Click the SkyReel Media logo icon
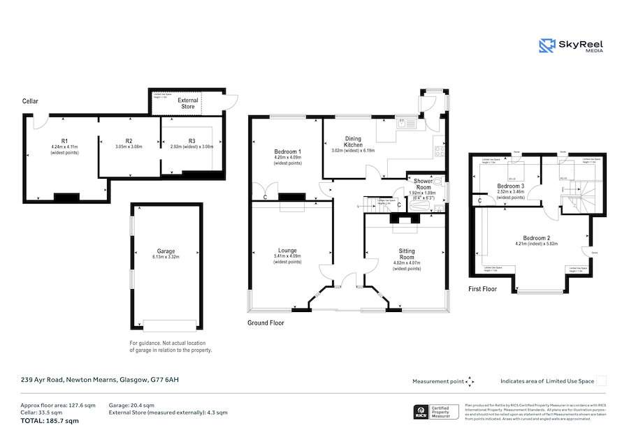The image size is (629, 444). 547,46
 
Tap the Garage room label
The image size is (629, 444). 166,251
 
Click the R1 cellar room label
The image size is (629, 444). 64,141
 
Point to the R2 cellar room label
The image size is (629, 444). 129,141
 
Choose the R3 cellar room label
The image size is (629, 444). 191,141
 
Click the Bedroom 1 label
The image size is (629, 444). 288,151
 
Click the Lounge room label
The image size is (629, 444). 287,251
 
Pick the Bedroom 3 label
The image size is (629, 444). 510,186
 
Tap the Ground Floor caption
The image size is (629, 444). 266,323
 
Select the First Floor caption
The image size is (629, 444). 483,288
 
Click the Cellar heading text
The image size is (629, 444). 29,101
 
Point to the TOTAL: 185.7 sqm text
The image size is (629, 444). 50,421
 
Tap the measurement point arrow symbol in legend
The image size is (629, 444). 470,381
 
